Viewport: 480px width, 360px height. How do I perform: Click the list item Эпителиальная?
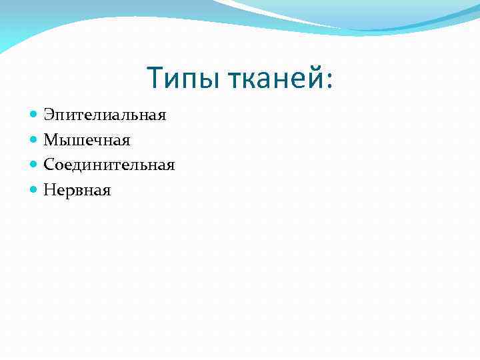click(105, 115)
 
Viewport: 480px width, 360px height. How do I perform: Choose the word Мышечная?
click(87, 140)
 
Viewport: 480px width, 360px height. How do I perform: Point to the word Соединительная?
click(109, 165)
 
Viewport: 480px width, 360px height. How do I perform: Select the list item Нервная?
click(77, 190)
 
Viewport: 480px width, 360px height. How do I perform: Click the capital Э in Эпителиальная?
click(49, 115)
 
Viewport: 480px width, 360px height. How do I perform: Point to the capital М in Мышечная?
click(50, 140)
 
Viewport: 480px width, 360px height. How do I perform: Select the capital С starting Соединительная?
click(49, 165)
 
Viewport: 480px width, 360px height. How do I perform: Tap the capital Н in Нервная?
click(49, 190)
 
